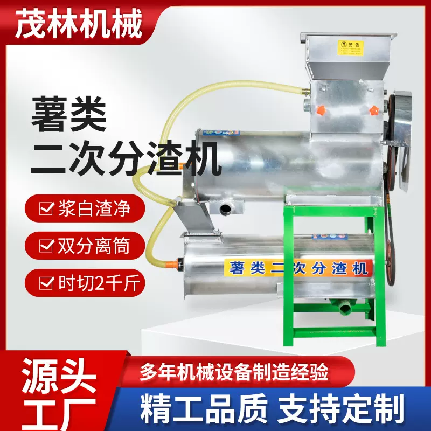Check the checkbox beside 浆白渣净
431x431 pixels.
tap(47, 208)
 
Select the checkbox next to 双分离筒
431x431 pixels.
tap(47, 246)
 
